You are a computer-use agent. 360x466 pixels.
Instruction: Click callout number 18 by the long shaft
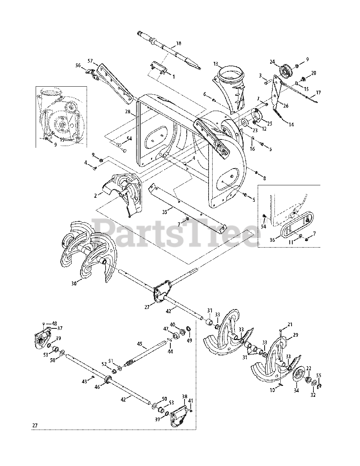pyautogui.click(x=178, y=43)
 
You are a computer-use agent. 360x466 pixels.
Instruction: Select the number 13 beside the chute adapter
pyautogui.click(x=216, y=64)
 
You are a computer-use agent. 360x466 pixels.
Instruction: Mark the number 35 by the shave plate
pyautogui.click(x=165, y=212)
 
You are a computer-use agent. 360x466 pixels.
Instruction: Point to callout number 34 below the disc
pyautogui.click(x=296, y=391)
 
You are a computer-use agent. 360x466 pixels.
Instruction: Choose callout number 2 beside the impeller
pyautogui.click(x=95, y=196)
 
